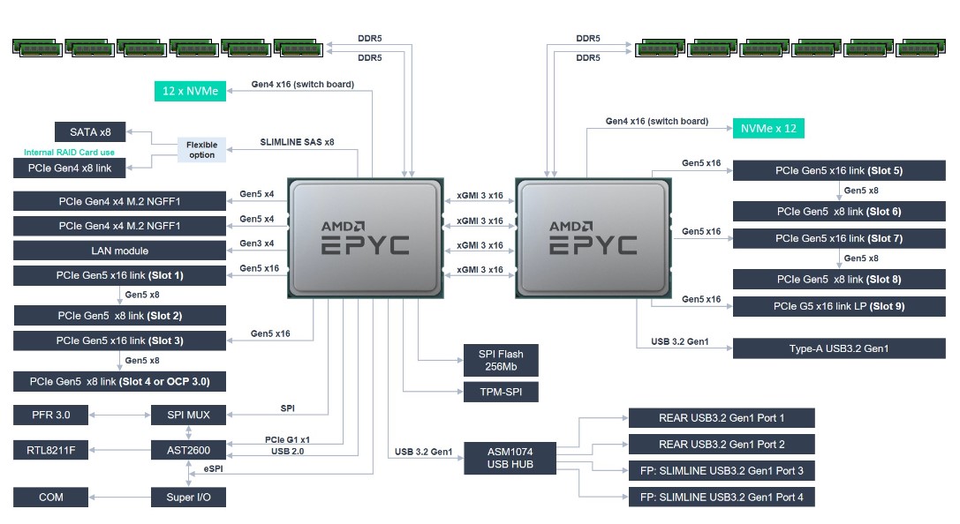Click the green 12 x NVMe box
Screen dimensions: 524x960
coord(190,89)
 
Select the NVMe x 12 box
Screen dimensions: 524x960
coord(767,128)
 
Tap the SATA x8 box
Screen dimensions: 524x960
coord(90,133)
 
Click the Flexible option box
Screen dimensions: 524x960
coord(201,149)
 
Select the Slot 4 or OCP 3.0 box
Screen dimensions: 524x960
coord(119,381)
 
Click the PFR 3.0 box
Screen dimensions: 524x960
coord(51,414)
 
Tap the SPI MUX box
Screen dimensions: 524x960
coord(188,414)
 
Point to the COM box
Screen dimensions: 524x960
coord(51,498)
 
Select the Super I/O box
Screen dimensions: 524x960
coord(188,498)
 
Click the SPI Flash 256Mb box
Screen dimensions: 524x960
coord(501,360)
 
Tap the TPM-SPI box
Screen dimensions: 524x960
coord(501,393)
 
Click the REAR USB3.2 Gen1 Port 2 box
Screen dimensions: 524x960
coord(721,445)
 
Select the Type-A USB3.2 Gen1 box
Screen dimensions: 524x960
coord(839,348)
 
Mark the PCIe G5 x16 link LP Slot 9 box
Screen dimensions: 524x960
coord(839,306)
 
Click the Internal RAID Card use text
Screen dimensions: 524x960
coord(70,153)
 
